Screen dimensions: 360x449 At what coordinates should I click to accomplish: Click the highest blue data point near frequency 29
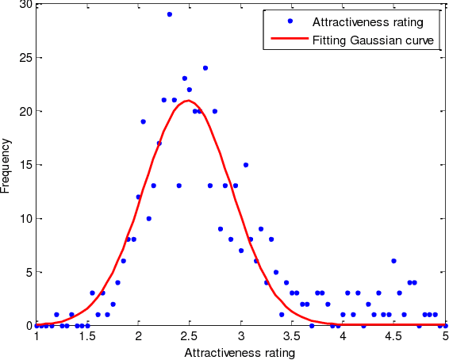point(169,14)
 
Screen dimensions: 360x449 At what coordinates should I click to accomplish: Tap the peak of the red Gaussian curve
point(190,101)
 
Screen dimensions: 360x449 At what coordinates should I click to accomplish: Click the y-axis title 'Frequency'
point(6,164)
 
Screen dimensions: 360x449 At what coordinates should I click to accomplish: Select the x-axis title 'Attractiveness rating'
point(240,353)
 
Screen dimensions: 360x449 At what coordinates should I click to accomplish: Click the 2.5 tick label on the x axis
point(190,336)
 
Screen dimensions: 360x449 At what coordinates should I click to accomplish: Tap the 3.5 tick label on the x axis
point(292,336)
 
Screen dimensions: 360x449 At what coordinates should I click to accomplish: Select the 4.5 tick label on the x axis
point(394,336)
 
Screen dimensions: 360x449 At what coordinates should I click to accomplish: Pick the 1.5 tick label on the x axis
point(87,336)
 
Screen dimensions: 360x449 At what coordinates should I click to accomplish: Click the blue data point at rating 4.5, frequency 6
point(393,261)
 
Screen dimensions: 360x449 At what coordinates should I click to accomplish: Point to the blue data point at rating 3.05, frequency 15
point(246,165)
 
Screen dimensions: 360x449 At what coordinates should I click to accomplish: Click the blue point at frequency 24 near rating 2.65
point(205,68)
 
